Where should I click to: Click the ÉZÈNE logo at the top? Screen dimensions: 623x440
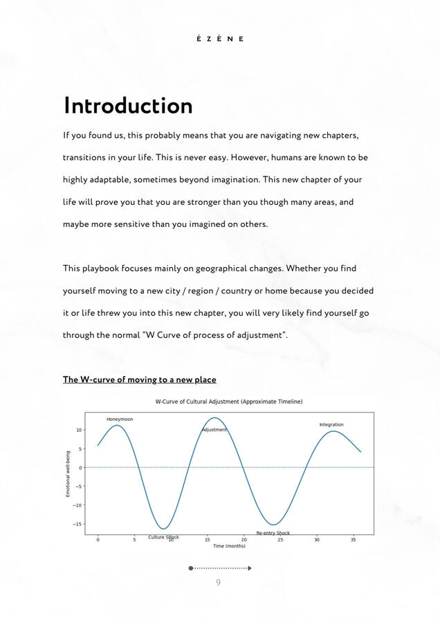pyautogui.click(x=220, y=39)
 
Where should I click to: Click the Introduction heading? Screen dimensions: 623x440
pyautogui.click(x=128, y=106)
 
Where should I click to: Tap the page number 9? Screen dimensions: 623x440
pyautogui.click(x=218, y=582)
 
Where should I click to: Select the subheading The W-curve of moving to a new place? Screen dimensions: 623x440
pyautogui.click(x=140, y=379)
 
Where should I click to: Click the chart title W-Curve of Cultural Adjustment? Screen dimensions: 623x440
pyautogui.click(x=228, y=401)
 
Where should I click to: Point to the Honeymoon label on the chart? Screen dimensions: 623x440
pyautogui.click(x=120, y=419)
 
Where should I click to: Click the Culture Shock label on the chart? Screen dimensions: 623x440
pyautogui.click(x=163, y=537)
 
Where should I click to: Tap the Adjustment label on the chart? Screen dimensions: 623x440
pyautogui.click(x=214, y=430)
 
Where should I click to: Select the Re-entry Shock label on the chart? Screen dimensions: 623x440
pyautogui.click(x=273, y=533)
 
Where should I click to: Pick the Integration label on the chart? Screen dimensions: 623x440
pyautogui.click(x=331, y=424)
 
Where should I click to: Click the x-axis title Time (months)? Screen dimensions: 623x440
pyautogui.click(x=229, y=546)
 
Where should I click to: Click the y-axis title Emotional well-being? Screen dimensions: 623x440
pyautogui.click(x=68, y=473)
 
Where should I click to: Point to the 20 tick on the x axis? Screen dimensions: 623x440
pyautogui.click(x=244, y=540)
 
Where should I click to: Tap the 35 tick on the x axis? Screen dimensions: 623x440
pyautogui.click(x=353, y=540)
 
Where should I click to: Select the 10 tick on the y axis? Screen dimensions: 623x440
pyautogui.click(x=80, y=430)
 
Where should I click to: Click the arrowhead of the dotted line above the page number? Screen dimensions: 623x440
pyautogui.click(x=249, y=568)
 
